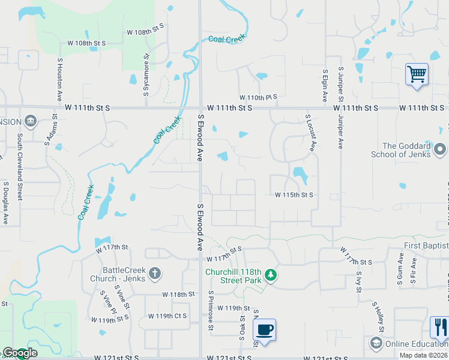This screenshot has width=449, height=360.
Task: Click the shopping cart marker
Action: coord(417,74)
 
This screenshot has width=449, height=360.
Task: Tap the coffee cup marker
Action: coord(264,329)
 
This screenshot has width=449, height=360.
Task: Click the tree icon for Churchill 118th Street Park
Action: coord(271,275)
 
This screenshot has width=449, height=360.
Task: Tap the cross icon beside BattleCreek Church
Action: coord(154,274)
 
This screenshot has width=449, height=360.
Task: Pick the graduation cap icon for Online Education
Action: coord(376,343)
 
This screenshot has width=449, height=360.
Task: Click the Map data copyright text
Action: coord(424,355)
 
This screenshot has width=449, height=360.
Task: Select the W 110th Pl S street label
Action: coord(258,97)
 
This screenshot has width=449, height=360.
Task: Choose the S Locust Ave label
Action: coord(310,133)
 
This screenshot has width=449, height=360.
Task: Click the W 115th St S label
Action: coord(294,195)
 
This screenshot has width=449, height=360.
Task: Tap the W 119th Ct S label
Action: coord(167,316)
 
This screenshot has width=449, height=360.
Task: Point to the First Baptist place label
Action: coord(426,246)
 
